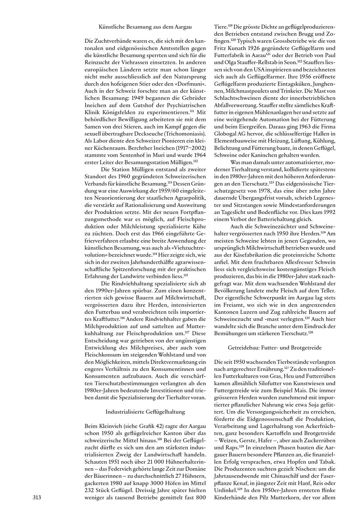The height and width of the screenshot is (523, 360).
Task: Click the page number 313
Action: pos(37,498)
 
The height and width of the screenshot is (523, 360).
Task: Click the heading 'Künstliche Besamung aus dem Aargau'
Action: pos(145,27)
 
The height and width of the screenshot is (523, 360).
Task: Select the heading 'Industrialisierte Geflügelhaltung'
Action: pos(145,411)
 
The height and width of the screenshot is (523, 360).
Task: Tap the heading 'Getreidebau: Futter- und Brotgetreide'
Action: pos(275,348)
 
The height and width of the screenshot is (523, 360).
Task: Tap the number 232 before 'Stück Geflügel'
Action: pos(90,491)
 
